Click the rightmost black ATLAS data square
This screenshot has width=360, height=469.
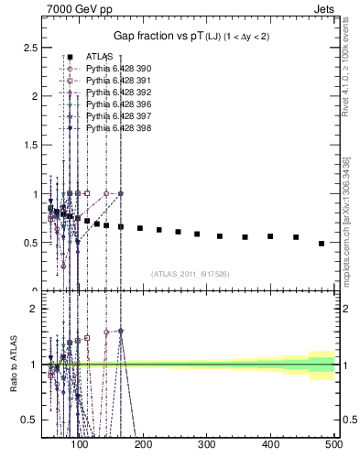322,244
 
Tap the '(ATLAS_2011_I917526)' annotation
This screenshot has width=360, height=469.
191,274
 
